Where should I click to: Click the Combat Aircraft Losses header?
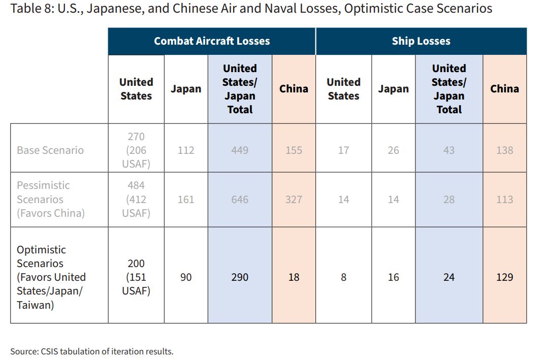point(212,41)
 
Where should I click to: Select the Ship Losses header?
point(421,41)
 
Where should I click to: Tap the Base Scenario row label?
point(50,150)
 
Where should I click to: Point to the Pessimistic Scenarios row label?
point(51,200)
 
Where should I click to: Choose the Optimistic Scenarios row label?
point(51,277)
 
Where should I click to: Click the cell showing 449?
point(240,150)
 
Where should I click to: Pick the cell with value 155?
point(294,150)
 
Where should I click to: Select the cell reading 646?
point(240,200)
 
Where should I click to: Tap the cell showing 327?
point(294,200)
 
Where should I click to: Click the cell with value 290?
point(240,277)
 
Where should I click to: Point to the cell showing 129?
point(505,277)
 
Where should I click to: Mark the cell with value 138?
point(505,150)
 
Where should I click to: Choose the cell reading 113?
point(505,200)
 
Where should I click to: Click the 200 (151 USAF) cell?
point(136,277)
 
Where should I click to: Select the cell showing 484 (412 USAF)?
point(136,200)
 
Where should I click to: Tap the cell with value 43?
point(449,150)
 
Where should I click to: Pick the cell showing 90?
point(186,277)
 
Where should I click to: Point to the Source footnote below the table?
point(92,351)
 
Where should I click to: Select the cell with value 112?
point(186,150)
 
